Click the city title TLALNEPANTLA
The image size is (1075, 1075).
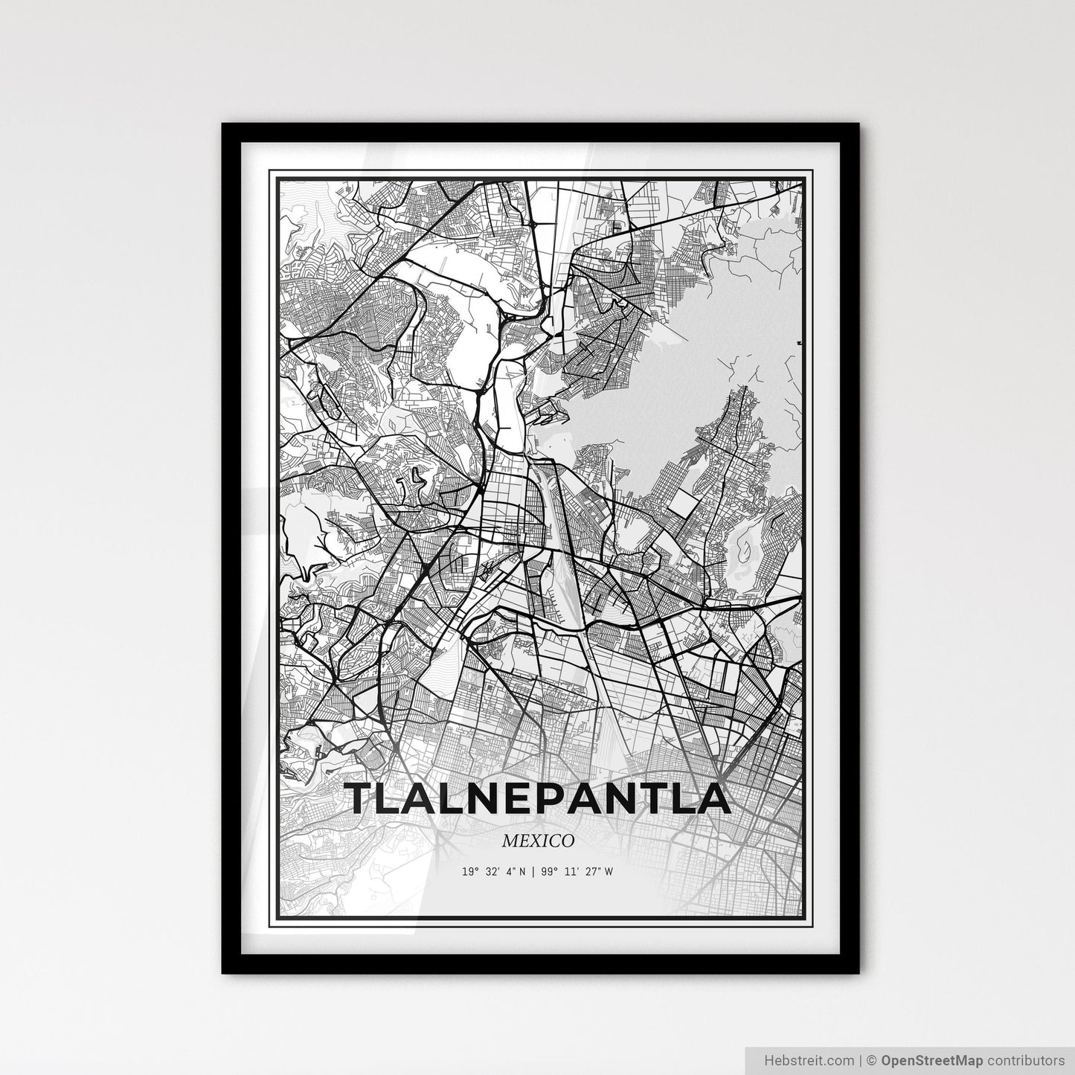[539, 798]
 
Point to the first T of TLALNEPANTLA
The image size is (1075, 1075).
[363, 798]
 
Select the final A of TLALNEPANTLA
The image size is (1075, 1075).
[712, 798]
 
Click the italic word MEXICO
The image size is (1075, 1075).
[537, 841]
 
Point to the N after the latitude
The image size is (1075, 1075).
[522, 871]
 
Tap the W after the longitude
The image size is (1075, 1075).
[609, 871]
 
